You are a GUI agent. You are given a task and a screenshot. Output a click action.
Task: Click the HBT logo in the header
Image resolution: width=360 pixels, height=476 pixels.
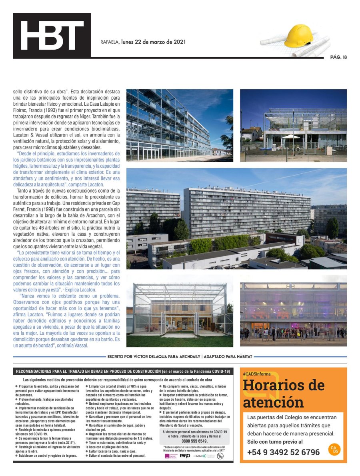[52, 36]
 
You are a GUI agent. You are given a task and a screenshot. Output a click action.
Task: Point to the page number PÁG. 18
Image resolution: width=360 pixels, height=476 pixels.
[338, 57]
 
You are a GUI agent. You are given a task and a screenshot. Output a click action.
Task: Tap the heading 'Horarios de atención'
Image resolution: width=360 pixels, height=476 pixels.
[284, 393]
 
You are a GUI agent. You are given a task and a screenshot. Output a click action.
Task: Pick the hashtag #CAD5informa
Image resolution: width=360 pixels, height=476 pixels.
[257, 374]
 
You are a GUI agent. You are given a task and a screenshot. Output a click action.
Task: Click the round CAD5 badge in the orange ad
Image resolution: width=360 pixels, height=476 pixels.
[334, 449]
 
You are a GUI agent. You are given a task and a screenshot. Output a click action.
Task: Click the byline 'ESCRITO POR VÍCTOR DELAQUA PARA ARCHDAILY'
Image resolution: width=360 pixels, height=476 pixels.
[154, 356]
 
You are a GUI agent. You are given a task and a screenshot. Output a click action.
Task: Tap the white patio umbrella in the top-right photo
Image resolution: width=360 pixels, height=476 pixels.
[291, 137]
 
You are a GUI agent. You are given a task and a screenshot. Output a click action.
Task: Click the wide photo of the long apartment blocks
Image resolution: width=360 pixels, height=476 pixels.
[236, 218]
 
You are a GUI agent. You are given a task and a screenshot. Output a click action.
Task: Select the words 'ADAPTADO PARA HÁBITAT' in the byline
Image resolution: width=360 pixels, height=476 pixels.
[228, 356]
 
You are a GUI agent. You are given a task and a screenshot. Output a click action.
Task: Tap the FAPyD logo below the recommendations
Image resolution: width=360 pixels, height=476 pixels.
[185, 456]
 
